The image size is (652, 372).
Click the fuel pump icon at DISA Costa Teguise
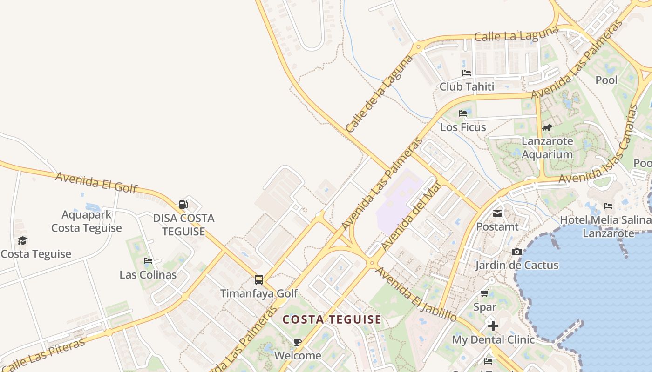point(183,204)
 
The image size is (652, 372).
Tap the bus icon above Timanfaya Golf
point(259,280)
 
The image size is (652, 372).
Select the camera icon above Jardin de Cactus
point(516,252)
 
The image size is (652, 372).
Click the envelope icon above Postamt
point(497,213)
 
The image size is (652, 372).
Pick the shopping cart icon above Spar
point(484,293)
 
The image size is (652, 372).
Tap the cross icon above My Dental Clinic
point(493,326)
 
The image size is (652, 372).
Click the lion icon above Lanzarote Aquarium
point(547,127)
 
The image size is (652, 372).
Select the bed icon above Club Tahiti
point(467,73)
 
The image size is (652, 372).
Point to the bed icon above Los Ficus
point(463,113)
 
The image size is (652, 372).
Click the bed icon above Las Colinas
point(148,261)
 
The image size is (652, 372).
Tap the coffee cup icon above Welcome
point(298,342)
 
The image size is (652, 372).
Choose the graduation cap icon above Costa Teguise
point(22,240)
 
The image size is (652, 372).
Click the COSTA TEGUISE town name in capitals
point(332,319)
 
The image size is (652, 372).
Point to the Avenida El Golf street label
point(96,182)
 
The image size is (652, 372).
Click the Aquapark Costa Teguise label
point(87,221)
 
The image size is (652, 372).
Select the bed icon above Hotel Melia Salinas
point(608,206)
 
